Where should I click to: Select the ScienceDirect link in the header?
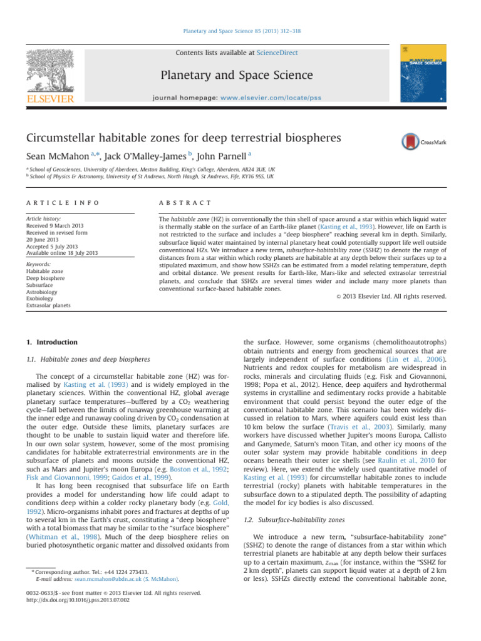(277, 53)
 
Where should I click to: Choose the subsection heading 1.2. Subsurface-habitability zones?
(298, 518)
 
